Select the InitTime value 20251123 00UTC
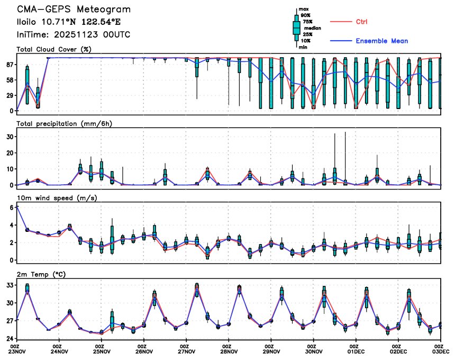[x=97, y=34]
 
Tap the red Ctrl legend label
[x=362, y=21]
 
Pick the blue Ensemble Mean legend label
[x=381, y=41]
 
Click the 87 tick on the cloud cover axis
[x=9, y=65]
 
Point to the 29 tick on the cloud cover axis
[x=9, y=95]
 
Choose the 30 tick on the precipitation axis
[x=9, y=136]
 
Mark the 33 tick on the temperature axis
[x=9, y=285]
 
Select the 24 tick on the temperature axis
[x=9, y=338]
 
